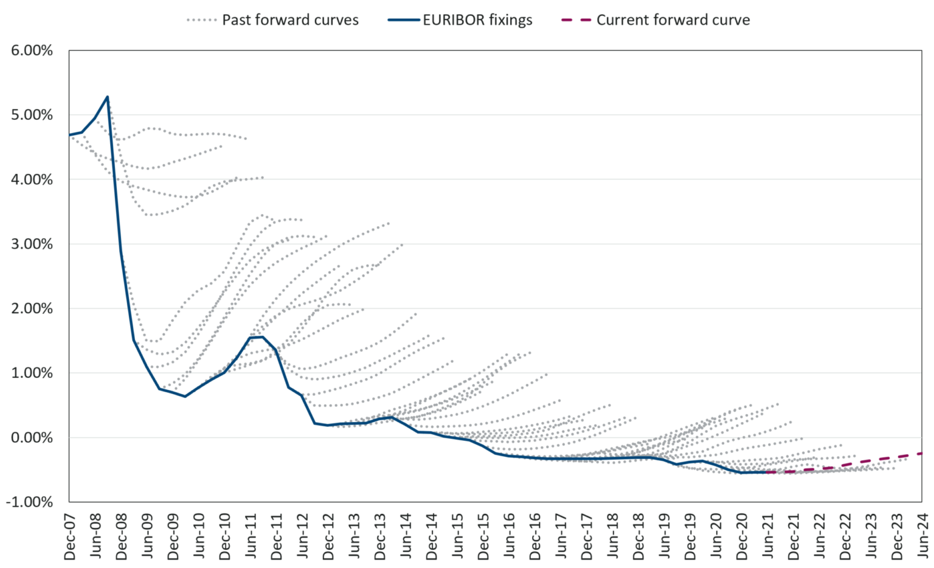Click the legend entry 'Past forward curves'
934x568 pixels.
tap(290, 20)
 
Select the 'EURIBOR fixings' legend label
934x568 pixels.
tap(477, 20)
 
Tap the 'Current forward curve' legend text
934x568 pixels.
tap(673, 20)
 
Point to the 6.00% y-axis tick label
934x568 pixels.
tap(32, 50)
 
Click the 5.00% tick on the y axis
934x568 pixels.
tap(32, 115)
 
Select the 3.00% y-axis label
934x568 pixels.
tap(32, 244)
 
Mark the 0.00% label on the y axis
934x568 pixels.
tap(32, 437)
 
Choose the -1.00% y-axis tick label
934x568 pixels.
tap(30, 502)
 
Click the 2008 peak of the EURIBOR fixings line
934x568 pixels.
tap(108, 97)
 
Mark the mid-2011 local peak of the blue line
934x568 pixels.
tap(261, 336)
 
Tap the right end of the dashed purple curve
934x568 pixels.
tap(922, 453)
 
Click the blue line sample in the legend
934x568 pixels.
tap(403, 20)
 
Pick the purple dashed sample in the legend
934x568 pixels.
tap(576, 20)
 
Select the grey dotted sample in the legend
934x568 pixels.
tap(201, 20)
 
